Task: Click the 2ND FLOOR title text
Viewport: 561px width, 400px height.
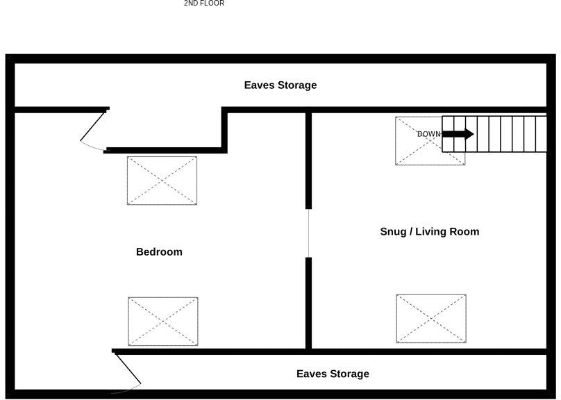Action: click(x=203, y=3)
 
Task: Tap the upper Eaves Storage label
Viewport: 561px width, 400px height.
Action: click(x=280, y=85)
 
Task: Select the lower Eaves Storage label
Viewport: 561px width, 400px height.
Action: click(x=333, y=374)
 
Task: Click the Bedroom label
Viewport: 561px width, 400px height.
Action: click(x=159, y=252)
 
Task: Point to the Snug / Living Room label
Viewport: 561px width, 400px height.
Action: click(x=429, y=232)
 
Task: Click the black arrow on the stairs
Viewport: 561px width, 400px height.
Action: click(x=458, y=134)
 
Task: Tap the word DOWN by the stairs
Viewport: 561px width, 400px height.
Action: click(x=428, y=134)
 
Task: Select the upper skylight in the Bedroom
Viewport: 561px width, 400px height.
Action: click(x=162, y=181)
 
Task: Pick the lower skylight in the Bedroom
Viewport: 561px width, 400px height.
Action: click(x=162, y=321)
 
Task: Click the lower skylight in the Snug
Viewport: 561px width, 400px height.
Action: click(x=431, y=318)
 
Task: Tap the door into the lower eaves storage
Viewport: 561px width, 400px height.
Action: click(x=127, y=370)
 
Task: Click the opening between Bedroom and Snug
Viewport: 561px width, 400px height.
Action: click(x=308, y=233)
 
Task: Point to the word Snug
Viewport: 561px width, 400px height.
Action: click(x=394, y=232)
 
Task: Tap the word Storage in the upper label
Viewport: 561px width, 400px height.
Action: click(x=297, y=85)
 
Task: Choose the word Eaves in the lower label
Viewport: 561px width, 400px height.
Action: click(x=312, y=374)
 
